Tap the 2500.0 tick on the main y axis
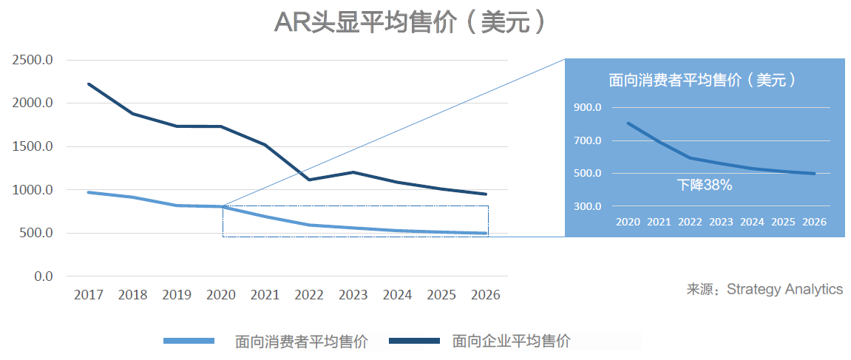33,60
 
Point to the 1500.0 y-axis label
33,146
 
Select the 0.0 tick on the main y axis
44,276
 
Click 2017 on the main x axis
89,295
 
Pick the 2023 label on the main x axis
353,295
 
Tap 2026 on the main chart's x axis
485,295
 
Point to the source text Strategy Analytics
784,289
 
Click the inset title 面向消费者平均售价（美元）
702,81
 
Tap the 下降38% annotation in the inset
705,186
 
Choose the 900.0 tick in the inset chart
587,108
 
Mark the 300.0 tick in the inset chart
587,206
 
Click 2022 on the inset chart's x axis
691,222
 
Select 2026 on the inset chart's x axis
813,222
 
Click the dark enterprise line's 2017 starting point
89,84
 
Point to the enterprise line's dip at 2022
309,180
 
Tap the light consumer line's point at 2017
89,192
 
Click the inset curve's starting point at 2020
628,123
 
